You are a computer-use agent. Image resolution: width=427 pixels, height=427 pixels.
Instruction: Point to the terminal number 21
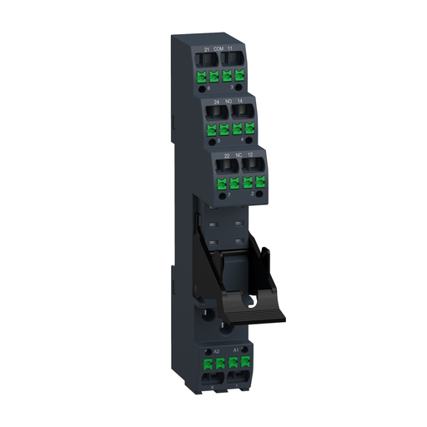[x=206, y=51]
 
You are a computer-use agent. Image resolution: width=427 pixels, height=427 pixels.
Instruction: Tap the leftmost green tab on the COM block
[x=201, y=77]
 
